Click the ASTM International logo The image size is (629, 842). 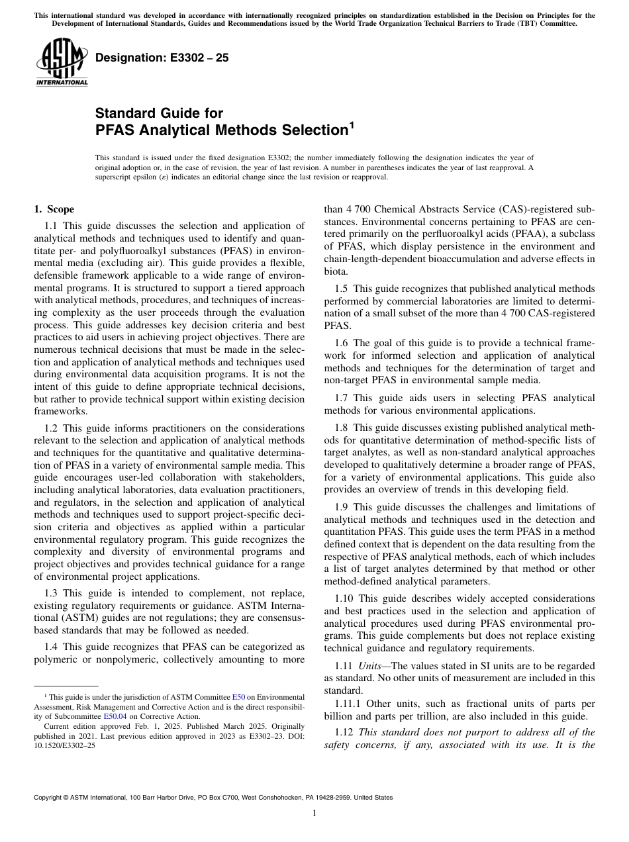[x=62, y=64]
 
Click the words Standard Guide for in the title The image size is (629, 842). [x=159, y=113]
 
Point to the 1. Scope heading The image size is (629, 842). [x=54, y=209]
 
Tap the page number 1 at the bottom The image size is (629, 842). [x=314, y=814]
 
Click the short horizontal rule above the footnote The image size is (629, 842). [x=66, y=686]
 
